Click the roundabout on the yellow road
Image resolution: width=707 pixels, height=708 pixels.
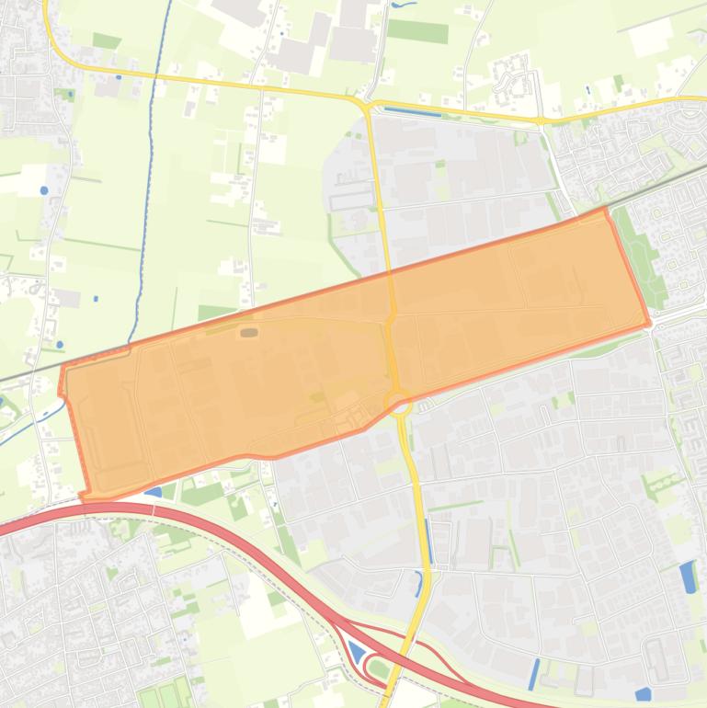pyautogui.click(x=399, y=403)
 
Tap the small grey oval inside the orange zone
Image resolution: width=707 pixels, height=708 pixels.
pyautogui.click(x=249, y=332)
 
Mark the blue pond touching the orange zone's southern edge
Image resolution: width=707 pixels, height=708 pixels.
pyautogui.click(x=154, y=492)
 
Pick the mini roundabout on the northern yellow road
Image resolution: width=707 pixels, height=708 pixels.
pyautogui.click(x=540, y=120)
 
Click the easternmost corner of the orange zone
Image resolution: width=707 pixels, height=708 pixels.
pyautogui.click(x=649, y=324)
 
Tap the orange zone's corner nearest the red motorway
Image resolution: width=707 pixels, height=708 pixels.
pyautogui.click(x=85, y=497)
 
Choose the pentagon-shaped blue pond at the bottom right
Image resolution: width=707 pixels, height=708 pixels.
pyautogui.click(x=644, y=694)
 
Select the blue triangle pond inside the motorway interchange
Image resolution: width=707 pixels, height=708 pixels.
pyautogui.click(x=356, y=652)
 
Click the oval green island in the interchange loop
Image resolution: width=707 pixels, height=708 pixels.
pyautogui.click(x=377, y=667)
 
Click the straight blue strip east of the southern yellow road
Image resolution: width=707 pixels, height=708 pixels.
pyautogui.click(x=428, y=542)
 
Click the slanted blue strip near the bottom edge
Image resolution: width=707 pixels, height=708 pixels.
pyautogui.click(x=534, y=674)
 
